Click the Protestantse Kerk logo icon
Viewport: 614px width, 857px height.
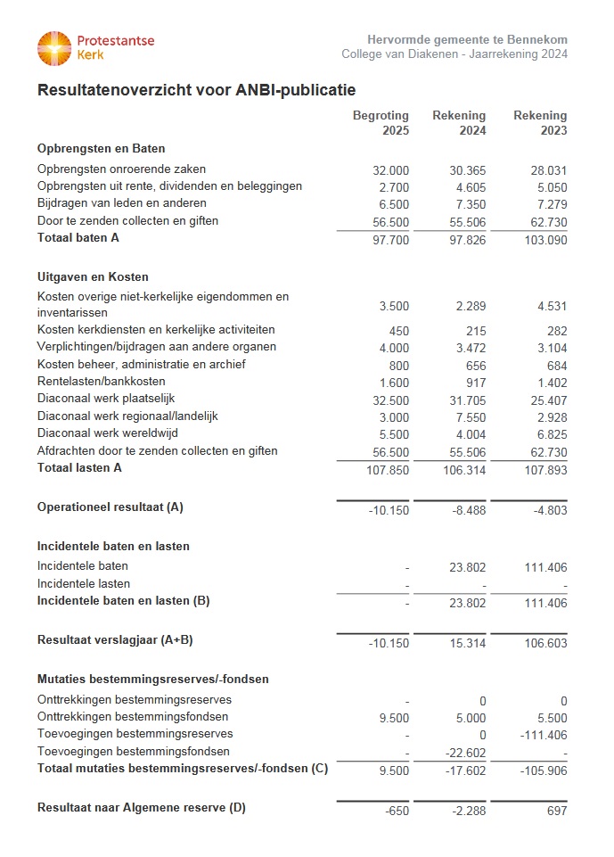point(53,48)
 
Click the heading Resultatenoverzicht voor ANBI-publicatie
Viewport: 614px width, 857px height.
point(196,90)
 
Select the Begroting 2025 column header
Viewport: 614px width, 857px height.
point(381,123)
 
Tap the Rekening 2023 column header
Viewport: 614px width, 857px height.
point(540,123)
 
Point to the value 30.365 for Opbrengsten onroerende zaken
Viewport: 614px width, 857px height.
point(468,170)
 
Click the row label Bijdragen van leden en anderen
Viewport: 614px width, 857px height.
point(122,203)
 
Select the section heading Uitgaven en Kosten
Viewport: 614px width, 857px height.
point(93,277)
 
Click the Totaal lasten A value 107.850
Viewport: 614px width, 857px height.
point(388,470)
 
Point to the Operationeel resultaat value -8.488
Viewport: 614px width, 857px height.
point(468,509)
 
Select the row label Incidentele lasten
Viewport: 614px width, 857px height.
point(84,584)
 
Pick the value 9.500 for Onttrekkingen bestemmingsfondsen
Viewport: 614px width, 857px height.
point(392,719)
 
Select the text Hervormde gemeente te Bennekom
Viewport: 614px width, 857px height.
point(467,40)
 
